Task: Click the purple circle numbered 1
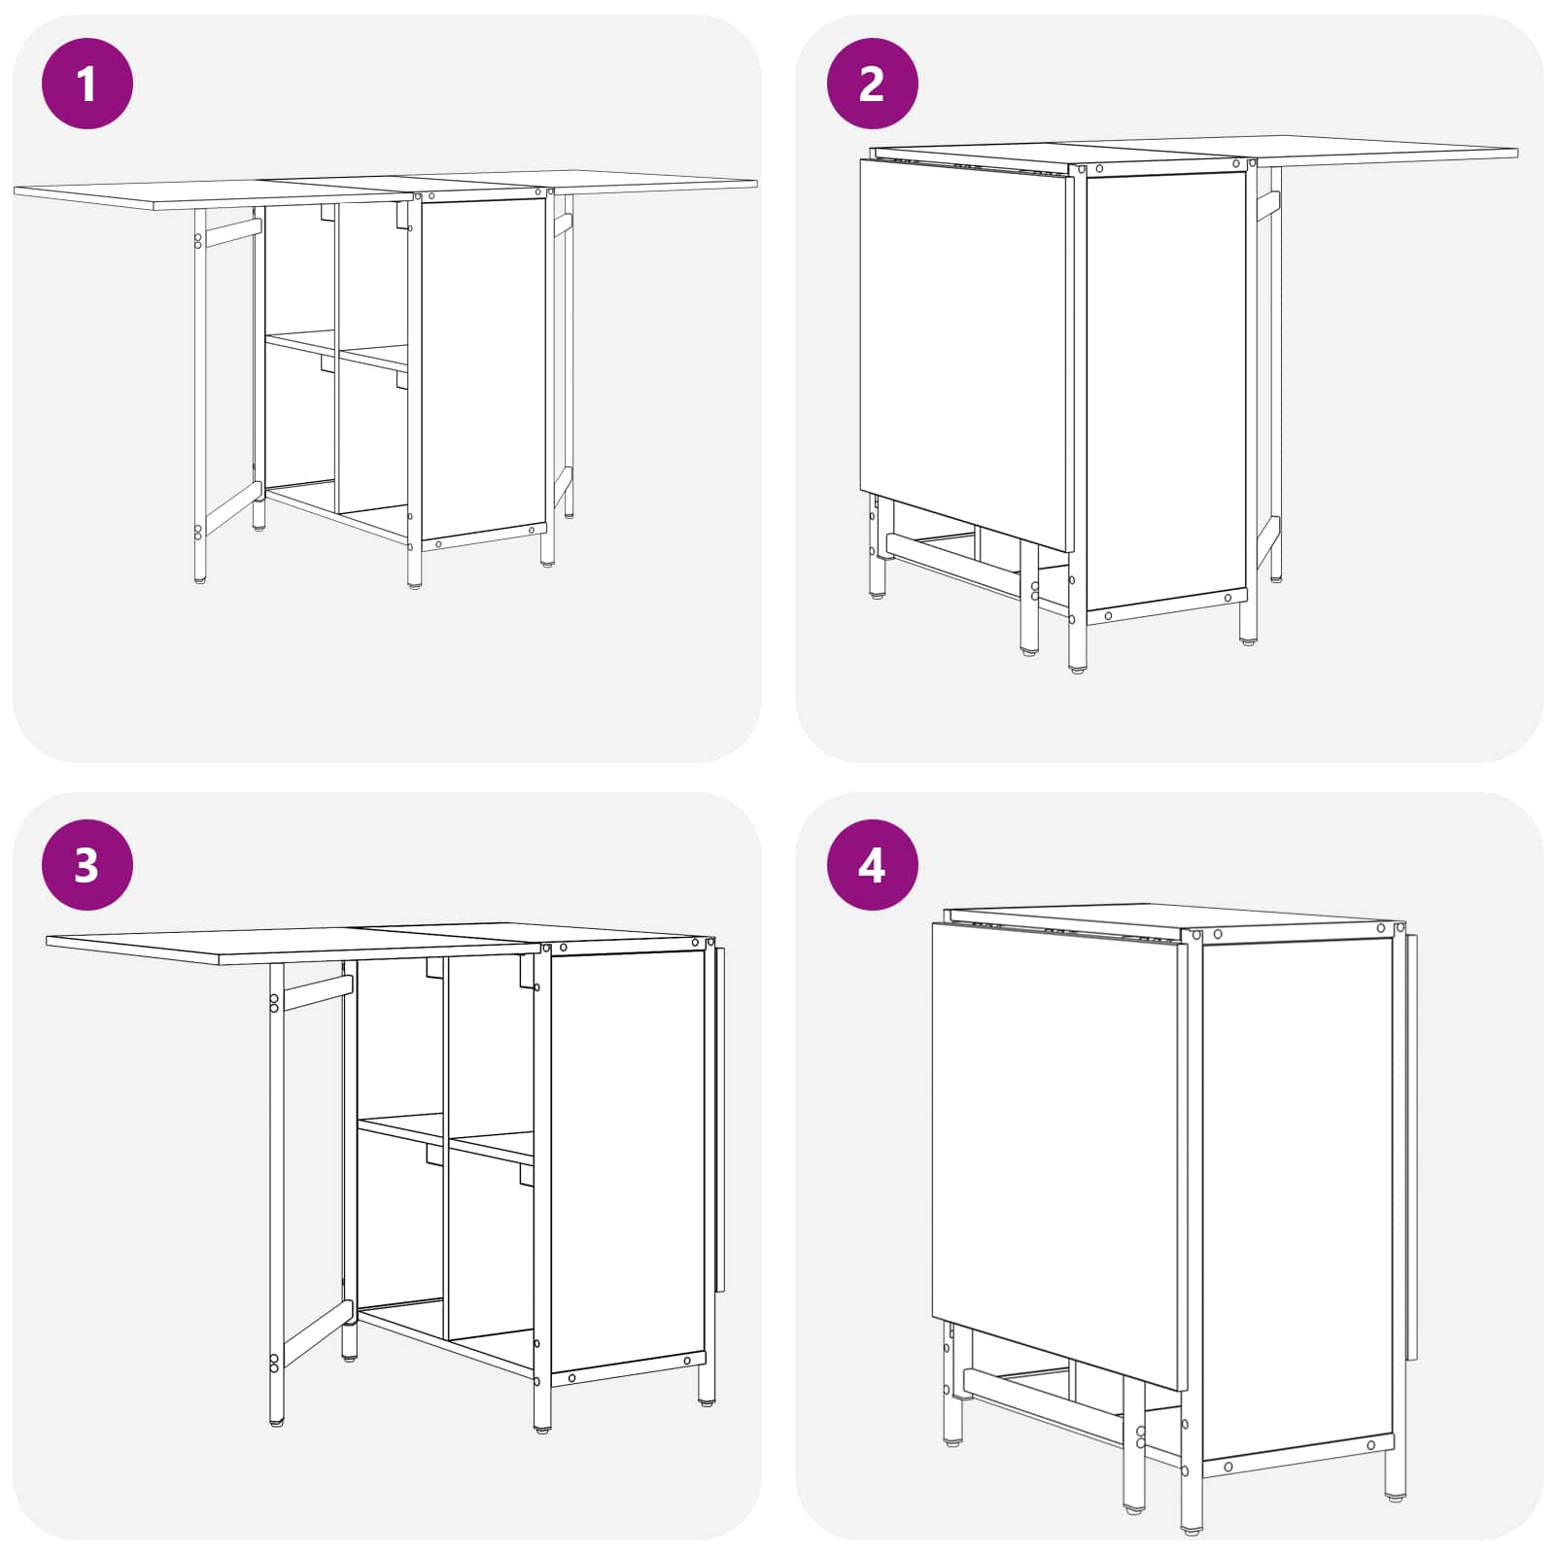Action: pyautogui.click(x=87, y=84)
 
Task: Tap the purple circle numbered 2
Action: pyautogui.click(x=872, y=84)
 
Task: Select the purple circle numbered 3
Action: pyautogui.click(x=87, y=865)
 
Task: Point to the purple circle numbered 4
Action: pyautogui.click(x=872, y=865)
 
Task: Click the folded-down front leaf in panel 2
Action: pyautogui.click(x=964, y=355)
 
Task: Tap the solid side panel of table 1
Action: pyautogui.click(x=483, y=368)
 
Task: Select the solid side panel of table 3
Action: pyautogui.click(x=627, y=1161)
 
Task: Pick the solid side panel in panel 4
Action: pyautogui.click(x=1297, y=1200)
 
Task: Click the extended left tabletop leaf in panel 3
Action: pyautogui.click(x=292, y=945)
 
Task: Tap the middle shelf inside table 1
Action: pyautogui.click(x=337, y=350)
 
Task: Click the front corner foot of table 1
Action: pyautogui.click(x=415, y=583)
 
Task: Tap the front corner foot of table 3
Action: pyautogui.click(x=542, y=1429)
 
